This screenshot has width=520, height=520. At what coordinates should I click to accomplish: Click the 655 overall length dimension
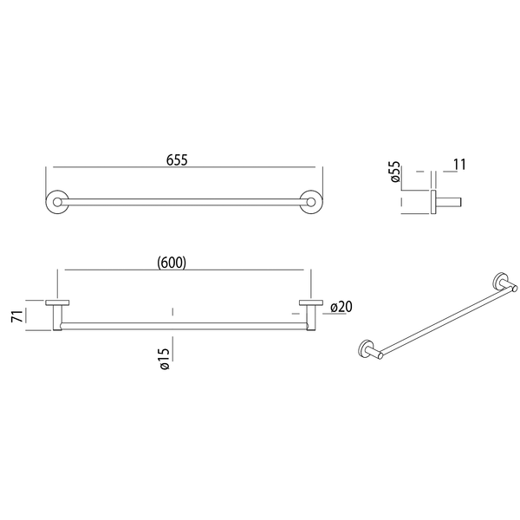(177, 159)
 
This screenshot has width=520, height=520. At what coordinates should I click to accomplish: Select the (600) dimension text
(172, 263)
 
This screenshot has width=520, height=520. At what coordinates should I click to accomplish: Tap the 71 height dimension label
(17, 316)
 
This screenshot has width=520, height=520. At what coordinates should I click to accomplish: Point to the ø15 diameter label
(165, 359)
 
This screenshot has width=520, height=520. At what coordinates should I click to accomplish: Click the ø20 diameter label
(341, 307)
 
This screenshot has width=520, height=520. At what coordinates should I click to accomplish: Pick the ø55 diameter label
(395, 172)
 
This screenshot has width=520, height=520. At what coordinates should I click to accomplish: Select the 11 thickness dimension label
(459, 165)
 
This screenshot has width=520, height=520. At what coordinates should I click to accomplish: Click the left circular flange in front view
(57, 202)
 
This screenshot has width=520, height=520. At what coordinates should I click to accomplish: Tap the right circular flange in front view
(311, 202)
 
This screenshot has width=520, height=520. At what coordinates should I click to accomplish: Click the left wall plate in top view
(57, 302)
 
